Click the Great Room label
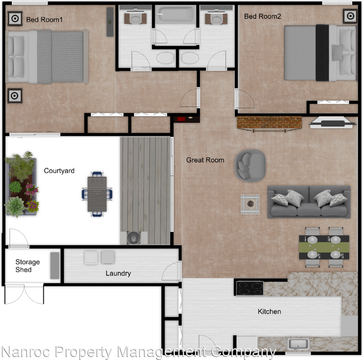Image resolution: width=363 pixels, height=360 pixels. [205, 160]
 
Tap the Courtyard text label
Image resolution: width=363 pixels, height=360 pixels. [59, 171]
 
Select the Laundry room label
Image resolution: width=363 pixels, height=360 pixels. [118, 273]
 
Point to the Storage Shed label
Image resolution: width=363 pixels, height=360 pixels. [27, 266]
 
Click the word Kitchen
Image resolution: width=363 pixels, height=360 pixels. [269, 312]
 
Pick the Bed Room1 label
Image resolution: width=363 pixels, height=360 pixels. [44, 19]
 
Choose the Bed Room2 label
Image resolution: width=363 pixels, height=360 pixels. [263, 16]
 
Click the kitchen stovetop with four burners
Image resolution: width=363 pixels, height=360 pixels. [249, 288]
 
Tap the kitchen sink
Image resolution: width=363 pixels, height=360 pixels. [298, 343]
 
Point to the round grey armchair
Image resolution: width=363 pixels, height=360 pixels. [250, 165]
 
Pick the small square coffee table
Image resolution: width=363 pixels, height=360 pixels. [250, 204]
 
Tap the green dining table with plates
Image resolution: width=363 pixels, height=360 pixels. [324, 247]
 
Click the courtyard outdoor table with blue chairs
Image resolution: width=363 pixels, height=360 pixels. [97, 193]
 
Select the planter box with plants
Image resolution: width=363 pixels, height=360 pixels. [21, 186]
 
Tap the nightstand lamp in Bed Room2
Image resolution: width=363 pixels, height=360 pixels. [350, 16]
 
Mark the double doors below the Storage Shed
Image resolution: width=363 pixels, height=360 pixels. [24, 294]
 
